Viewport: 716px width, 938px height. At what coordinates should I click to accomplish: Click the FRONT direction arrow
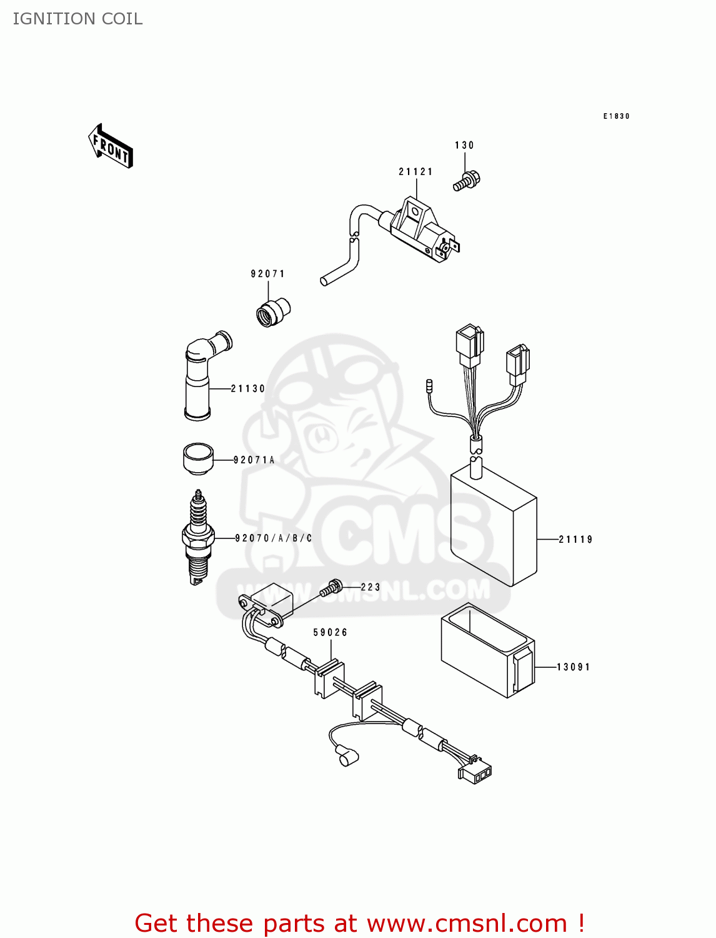coord(111,146)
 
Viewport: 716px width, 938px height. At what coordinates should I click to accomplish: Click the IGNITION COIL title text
coord(77,19)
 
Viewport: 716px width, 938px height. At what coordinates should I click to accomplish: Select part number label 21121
coord(415,172)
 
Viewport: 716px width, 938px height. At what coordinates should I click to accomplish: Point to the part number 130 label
coord(464,146)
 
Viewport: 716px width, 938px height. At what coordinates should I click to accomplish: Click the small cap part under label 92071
coord(273,311)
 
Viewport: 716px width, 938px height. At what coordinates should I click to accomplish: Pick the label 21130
coord(248,389)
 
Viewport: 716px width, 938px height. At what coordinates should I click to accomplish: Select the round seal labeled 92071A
coord(197,459)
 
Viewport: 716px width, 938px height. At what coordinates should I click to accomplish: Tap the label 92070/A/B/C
coord(274,538)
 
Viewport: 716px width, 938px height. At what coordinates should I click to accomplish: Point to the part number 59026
coord(330,633)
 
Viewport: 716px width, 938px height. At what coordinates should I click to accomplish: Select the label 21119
coord(575,540)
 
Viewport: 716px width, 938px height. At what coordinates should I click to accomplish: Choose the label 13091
coord(573,667)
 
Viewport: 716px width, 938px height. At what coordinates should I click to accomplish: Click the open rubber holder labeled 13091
coord(487,653)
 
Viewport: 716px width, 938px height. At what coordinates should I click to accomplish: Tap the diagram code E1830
coord(616,116)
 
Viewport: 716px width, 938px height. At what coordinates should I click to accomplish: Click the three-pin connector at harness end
coord(475,773)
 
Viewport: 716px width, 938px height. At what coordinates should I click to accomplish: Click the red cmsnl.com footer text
coord(359,923)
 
